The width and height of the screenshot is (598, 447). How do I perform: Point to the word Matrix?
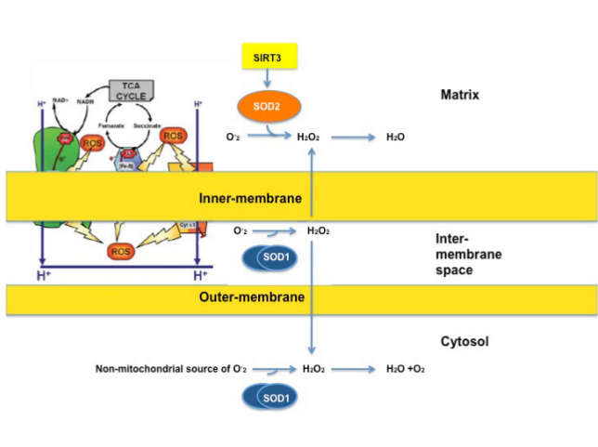coord(461,95)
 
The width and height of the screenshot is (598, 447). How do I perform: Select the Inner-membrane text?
coord(240,197)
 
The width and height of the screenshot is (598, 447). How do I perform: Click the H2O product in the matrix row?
coord(396,138)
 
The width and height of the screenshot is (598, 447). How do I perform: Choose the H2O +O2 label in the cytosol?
coord(406,369)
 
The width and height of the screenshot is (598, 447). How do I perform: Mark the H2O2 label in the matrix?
coord(308,138)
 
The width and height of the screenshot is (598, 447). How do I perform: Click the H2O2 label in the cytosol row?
coord(314,369)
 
